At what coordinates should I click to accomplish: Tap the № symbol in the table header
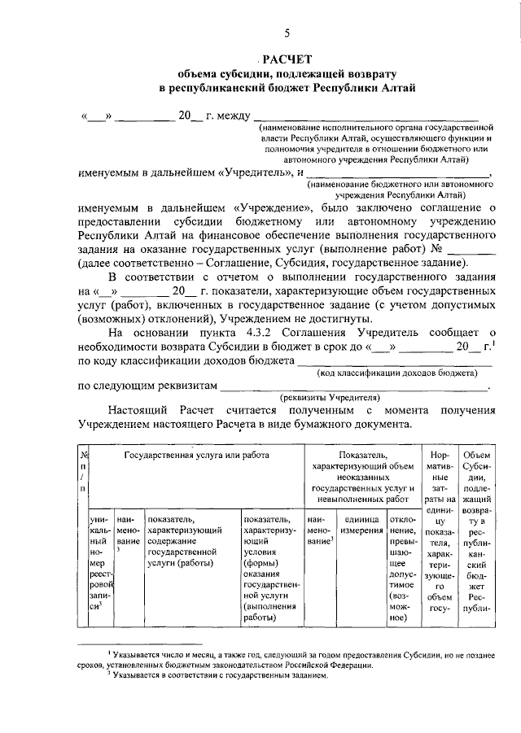[83, 456]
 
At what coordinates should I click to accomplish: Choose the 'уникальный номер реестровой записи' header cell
[99, 561]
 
